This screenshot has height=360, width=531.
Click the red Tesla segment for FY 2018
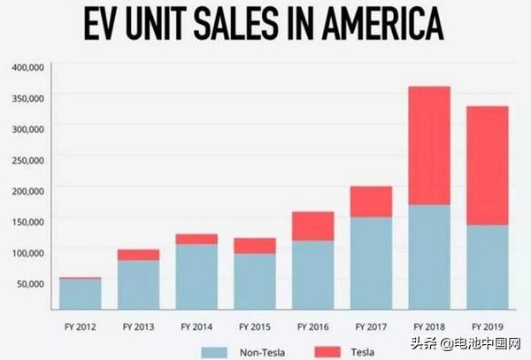click(428, 145)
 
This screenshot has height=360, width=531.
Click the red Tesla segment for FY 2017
click(372, 202)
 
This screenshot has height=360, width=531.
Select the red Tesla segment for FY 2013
click(140, 255)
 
